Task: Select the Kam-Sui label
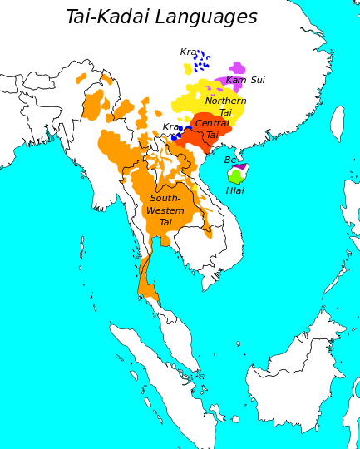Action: (x=245, y=81)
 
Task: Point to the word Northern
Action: (x=225, y=101)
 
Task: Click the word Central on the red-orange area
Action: (x=212, y=123)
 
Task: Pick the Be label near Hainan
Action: (x=230, y=160)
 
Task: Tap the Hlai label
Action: (x=235, y=190)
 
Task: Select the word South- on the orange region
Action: (x=165, y=199)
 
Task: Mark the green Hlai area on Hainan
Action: (x=235, y=176)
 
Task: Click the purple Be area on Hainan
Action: (x=239, y=167)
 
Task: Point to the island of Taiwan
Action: (x=337, y=123)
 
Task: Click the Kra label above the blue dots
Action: (x=189, y=52)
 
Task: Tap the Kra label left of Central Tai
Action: (x=170, y=127)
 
